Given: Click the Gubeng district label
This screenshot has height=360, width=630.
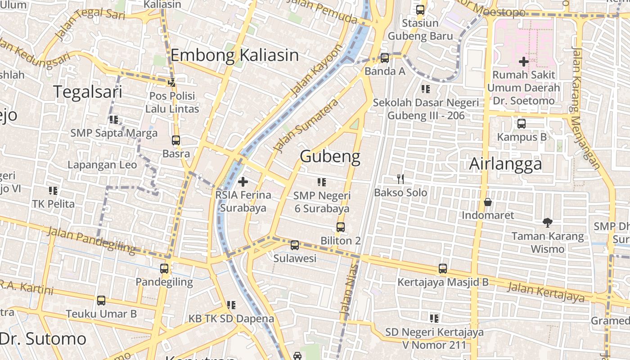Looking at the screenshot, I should (330, 157).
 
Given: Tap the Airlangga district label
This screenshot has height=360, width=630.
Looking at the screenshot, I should (505, 164).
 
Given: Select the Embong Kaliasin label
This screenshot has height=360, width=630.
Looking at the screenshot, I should (234, 55).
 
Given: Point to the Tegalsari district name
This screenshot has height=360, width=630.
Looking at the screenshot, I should (88, 92).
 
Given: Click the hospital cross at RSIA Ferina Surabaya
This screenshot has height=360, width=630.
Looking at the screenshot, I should (243, 182).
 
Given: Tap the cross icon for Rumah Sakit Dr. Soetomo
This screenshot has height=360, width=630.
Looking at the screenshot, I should (523, 61).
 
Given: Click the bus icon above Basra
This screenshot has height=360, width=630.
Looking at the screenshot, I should (176, 140).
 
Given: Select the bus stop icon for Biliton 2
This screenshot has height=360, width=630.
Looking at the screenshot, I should (341, 227).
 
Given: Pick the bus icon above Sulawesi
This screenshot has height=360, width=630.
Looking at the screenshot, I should (295, 245).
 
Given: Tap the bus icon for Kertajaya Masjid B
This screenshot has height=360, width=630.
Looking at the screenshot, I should (443, 269).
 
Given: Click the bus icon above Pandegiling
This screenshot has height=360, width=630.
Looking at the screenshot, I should (164, 269).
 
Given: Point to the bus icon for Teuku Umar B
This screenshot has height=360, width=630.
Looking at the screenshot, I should (101, 300).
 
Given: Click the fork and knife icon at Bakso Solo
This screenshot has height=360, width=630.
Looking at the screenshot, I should (400, 179).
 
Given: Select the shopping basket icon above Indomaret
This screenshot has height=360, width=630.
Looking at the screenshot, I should (487, 202).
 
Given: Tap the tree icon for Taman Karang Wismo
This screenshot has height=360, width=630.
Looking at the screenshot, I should (547, 222).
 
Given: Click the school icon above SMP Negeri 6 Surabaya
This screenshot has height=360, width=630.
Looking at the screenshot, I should (321, 182).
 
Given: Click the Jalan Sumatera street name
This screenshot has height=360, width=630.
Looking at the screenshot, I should (306, 125).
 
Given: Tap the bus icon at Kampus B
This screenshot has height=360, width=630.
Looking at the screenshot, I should (522, 123).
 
